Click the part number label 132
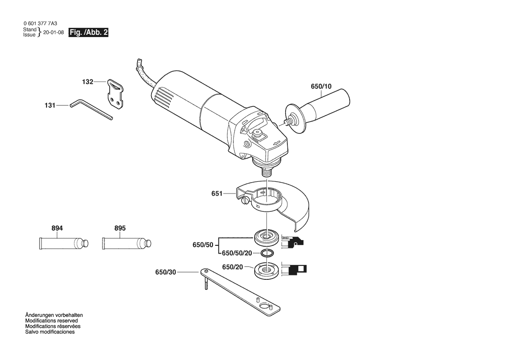88,82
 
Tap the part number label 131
51,105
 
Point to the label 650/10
321,86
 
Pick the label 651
217,194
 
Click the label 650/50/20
237,253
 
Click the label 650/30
166,272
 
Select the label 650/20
233,267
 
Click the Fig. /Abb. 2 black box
89,33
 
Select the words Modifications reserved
51,320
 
